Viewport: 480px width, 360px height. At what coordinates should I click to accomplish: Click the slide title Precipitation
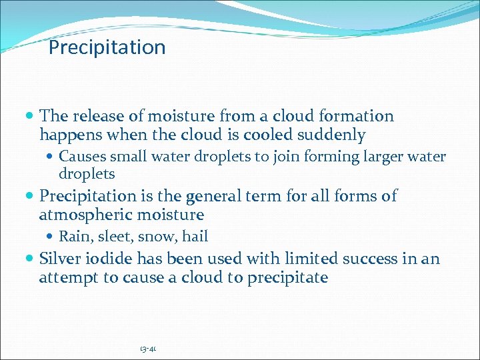107,48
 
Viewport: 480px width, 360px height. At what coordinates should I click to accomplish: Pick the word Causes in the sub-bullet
79,157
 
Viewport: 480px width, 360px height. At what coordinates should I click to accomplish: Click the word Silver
59,259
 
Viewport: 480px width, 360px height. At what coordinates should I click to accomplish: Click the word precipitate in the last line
287,278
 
